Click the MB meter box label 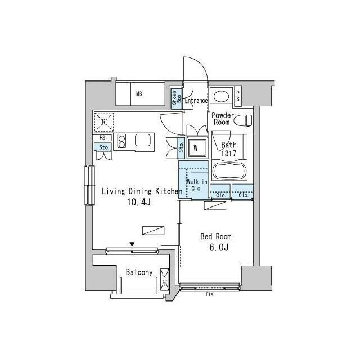pos(139,94)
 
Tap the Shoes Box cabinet pos(177,98)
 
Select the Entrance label pos(196,101)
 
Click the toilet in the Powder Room pos(245,120)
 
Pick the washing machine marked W pos(196,148)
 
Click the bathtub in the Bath pos(228,171)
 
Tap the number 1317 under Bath pos(228,154)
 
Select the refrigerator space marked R pos(104,122)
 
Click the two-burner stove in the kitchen pos(121,141)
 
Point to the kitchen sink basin pos(142,140)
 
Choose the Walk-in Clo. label pos(197,185)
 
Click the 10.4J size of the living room pos(139,202)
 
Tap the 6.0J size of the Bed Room pos(219,247)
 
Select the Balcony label pos(139,272)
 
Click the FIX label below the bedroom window pos(209,294)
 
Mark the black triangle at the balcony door pos(132,245)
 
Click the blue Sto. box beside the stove pos(103,147)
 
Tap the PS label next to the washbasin pos(238,96)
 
